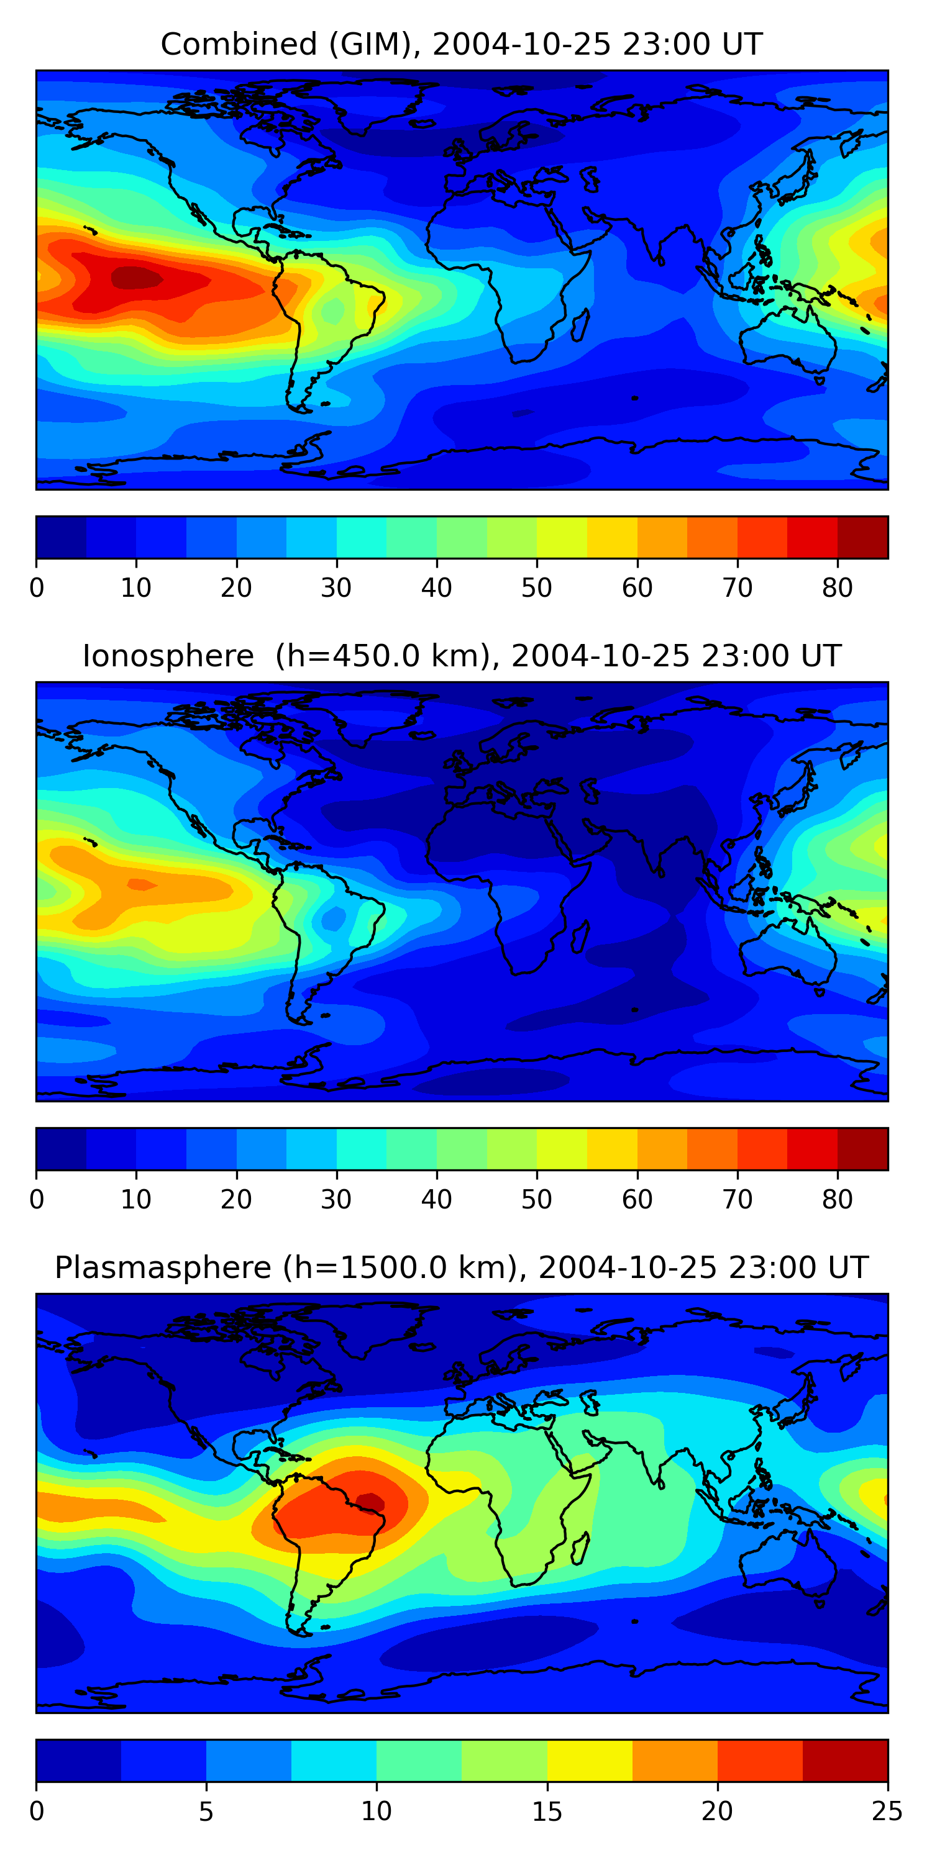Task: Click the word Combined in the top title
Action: pyautogui.click(x=239, y=44)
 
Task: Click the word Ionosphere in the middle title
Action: pyautogui.click(x=168, y=656)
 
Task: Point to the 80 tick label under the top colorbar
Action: pyautogui.click(x=837, y=588)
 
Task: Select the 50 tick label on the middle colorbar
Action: pyautogui.click(x=536, y=1199)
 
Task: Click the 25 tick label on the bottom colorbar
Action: pyautogui.click(x=887, y=1811)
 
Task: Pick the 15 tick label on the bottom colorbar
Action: pyautogui.click(x=547, y=1811)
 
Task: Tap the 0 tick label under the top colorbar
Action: pyautogui.click(x=37, y=588)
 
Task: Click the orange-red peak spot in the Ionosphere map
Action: pyautogui.click(x=142, y=884)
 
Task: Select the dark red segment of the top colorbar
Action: pyautogui.click(x=862, y=537)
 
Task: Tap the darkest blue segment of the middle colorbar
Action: pyautogui.click(x=62, y=1148)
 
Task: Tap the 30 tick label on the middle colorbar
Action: pyautogui.click(x=337, y=1199)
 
